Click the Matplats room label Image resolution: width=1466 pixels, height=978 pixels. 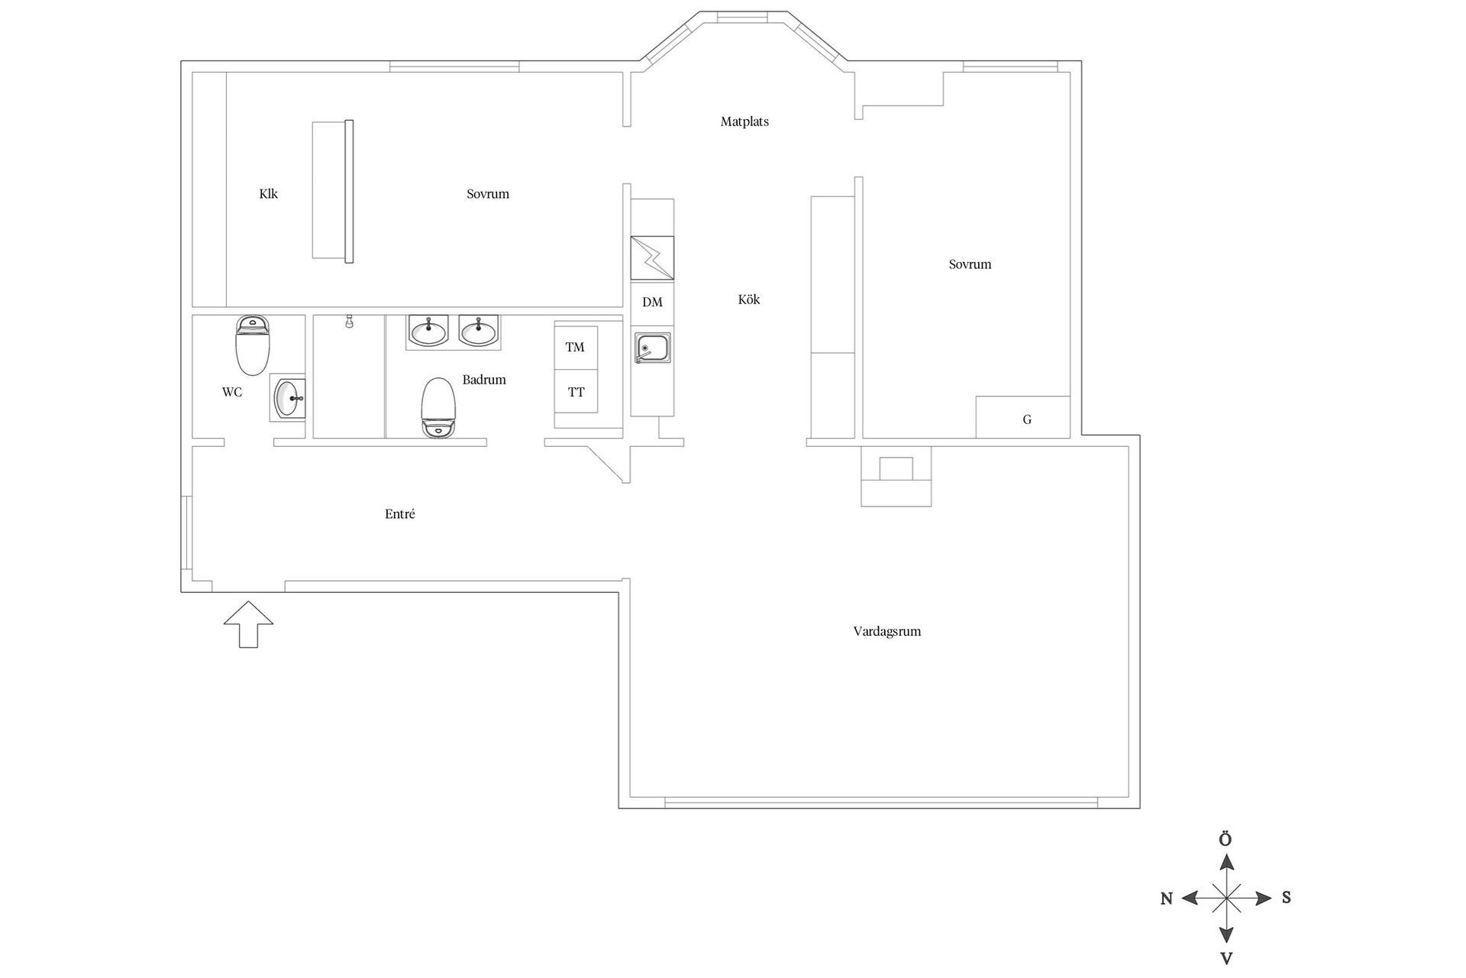point(744,121)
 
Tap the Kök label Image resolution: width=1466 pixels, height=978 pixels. point(748,300)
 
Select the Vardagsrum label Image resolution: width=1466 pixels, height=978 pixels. point(886,631)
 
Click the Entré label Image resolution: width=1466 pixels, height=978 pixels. point(399,514)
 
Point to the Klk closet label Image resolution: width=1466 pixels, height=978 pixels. point(268,194)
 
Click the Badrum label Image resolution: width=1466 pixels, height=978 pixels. point(484,380)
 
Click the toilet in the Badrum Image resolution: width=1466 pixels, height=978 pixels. point(438,407)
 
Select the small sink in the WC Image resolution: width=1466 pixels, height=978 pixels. point(289,398)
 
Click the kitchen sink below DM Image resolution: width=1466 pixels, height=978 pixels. point(652,348)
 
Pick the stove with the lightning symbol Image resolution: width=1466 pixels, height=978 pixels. point(652,258)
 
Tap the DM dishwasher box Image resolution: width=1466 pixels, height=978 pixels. point(652,303)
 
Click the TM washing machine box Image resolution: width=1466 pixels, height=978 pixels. point(575,348)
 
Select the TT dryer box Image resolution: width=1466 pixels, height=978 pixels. point(576,392)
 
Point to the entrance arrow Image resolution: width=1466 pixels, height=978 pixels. point(248,623)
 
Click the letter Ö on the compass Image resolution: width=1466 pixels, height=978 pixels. point(1225,840)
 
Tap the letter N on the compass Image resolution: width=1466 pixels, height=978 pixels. point(1166,899)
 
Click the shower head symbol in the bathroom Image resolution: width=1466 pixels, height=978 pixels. point(349,321)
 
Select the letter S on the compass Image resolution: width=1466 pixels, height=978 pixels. point(1286,898)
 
